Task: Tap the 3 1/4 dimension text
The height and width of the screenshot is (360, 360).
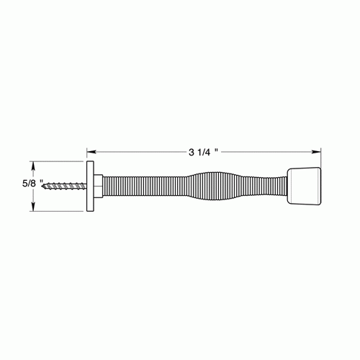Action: click(x=203, y=152)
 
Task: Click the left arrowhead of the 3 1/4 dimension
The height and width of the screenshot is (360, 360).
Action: click(x=91, y=152)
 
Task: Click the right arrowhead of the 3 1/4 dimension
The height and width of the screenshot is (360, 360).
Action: click(x=317, y=152)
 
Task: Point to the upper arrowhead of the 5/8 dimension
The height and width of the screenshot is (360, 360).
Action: click(x=32, y=163)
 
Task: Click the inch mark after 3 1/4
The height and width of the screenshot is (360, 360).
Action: click(x=216, y=150)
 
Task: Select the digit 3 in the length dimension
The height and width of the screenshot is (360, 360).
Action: click(x=192, y=152)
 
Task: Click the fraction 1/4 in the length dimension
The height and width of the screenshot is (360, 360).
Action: click(x=205, y=152)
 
